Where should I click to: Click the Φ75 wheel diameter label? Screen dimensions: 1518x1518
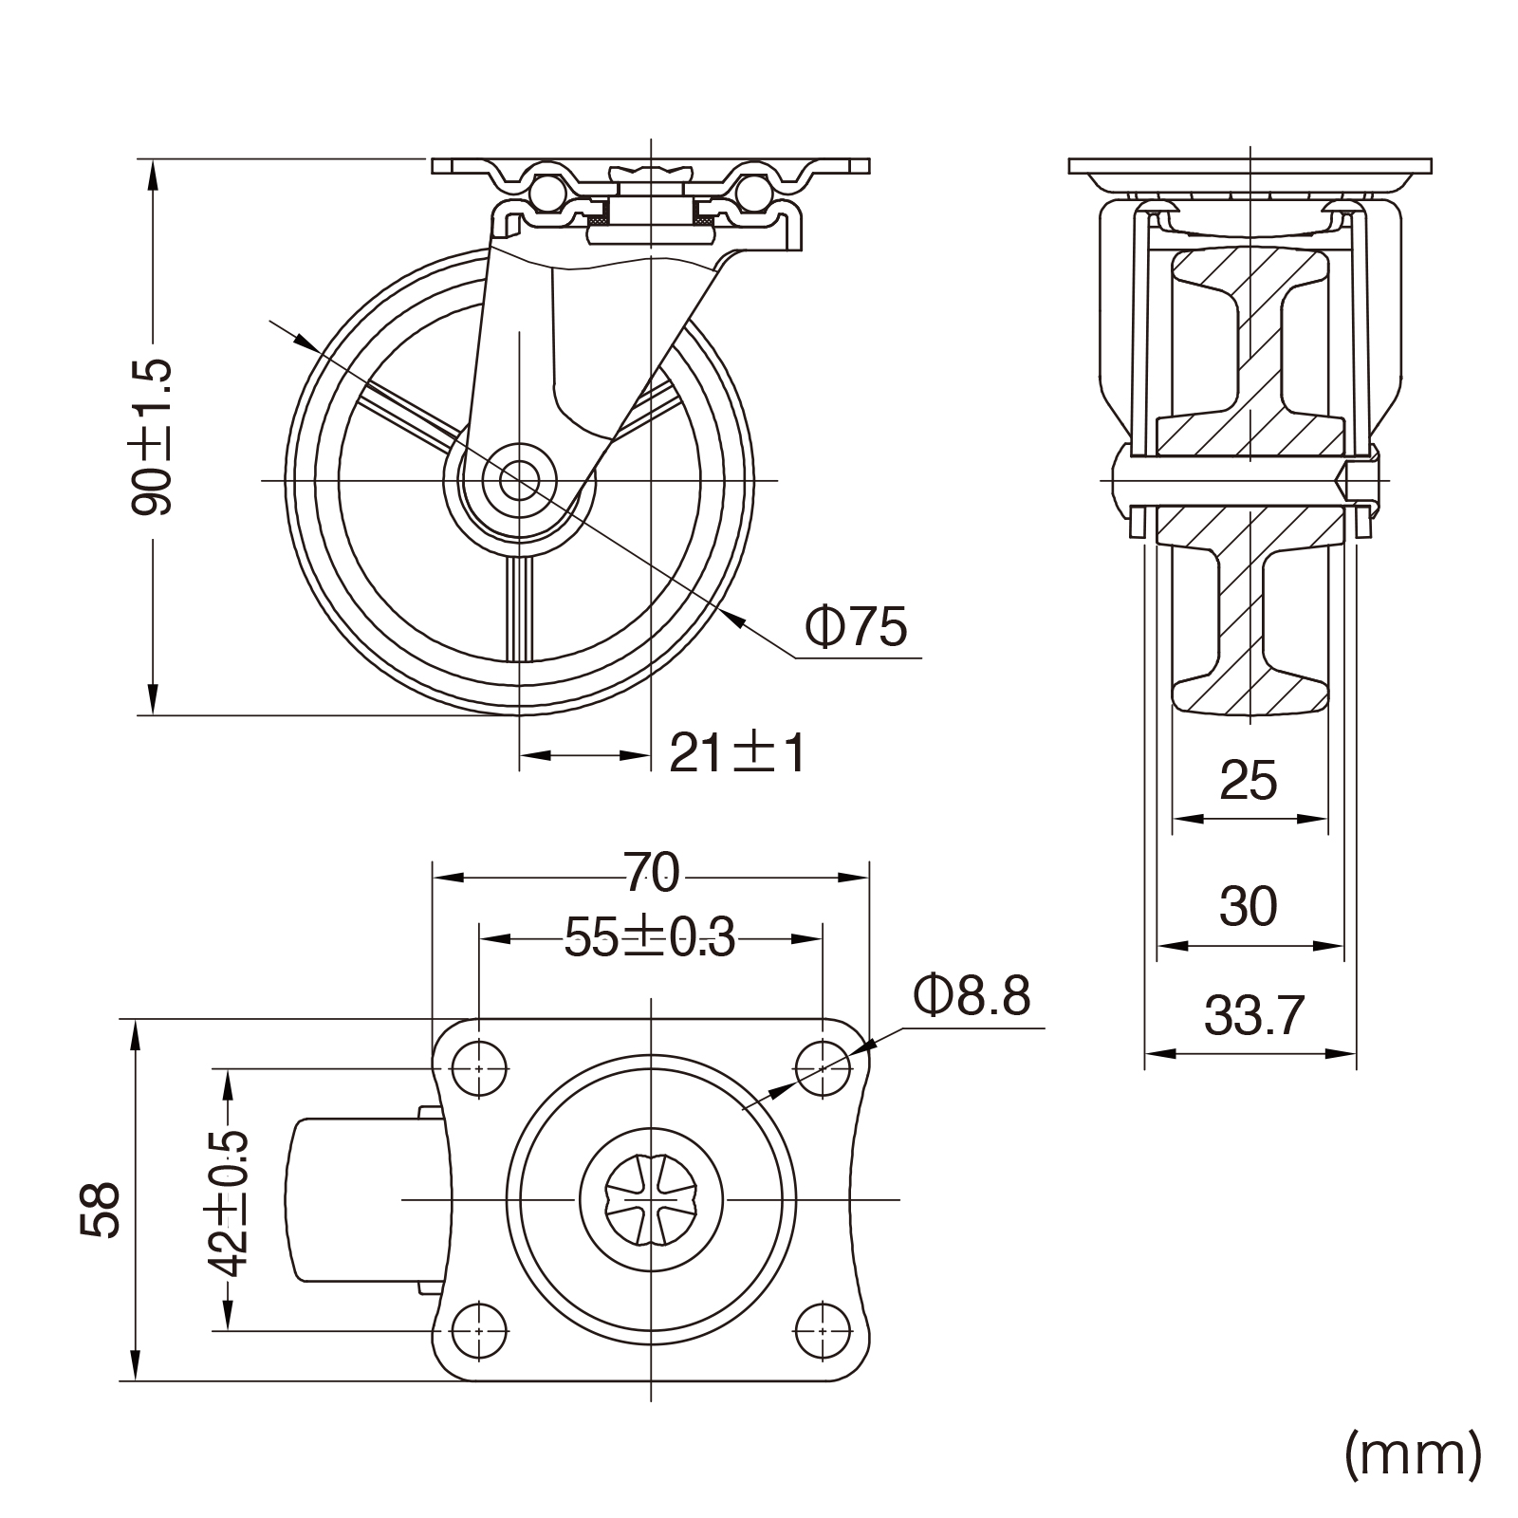[856, 626]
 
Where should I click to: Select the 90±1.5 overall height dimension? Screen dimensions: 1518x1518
[152, 436]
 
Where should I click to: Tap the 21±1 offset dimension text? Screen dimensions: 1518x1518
[738, 754]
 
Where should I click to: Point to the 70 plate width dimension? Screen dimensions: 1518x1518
[652, 874]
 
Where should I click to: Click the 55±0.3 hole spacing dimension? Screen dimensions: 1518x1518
[650, 938]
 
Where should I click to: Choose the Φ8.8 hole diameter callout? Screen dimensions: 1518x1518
[972, 996]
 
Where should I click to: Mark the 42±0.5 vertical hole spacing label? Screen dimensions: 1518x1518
[228, 1200]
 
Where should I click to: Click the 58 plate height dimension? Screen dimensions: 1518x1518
[101, 1209]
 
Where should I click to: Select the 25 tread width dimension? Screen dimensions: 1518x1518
[1249, 781]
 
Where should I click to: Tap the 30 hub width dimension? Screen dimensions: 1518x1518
[1249, 906]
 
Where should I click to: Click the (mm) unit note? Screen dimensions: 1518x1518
[1412, 1453]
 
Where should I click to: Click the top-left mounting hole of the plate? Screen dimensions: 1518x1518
[479, 1068]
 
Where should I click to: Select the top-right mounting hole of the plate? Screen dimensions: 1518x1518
[822, 1068]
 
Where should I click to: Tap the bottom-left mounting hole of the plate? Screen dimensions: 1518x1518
[479, 1331]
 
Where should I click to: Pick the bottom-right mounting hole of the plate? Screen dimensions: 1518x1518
[822, 1331]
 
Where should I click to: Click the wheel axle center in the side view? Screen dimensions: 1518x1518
[519, 480]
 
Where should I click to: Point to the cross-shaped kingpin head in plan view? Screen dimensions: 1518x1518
[652, 1200]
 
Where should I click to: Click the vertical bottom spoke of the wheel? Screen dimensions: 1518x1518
[520, 607]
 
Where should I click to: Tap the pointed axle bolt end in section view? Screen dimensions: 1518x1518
[1347, 481]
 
